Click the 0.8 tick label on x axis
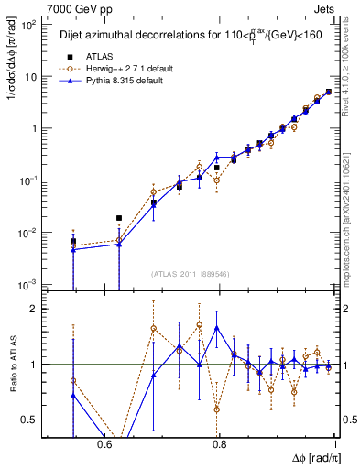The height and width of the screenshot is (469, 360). tap(220, 445)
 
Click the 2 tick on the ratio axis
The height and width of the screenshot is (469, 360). tap(35, 309)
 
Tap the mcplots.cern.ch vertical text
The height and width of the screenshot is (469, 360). tap(352, 211)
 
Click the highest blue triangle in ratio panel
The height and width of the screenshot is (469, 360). tap(216, 327)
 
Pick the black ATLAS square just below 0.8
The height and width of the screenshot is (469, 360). tap(216, 168)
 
